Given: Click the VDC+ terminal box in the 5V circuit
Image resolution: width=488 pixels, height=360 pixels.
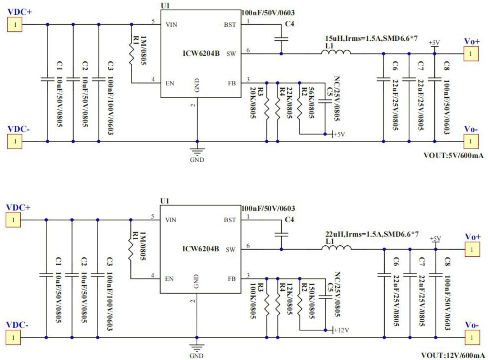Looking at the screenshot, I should click(15, 25).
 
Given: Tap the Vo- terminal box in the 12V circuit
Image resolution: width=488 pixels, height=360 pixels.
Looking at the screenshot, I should click(472, 337).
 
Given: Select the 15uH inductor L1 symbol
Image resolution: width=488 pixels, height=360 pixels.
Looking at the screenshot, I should click(336, 52).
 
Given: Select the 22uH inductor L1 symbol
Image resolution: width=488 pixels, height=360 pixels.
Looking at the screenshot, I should click(336, 247).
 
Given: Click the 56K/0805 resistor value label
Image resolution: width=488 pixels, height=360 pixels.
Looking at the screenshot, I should click(311, 103).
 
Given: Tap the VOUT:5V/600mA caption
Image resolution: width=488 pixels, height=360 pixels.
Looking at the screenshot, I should click(453, 155).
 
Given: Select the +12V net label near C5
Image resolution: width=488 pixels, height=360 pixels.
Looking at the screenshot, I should click(341, 330).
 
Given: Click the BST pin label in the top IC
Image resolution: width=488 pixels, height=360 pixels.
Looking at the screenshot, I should click(230, 25).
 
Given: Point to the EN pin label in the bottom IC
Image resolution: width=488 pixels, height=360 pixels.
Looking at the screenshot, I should click(169, 279).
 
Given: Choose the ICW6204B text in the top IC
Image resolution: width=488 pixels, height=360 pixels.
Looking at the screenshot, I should click(201, 54).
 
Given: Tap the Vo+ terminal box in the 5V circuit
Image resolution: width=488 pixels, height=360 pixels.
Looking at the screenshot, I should click(471, 54).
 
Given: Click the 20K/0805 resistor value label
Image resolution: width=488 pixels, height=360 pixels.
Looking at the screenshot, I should click(252, 103).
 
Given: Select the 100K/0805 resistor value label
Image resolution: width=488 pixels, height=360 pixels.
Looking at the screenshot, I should click(252, 301).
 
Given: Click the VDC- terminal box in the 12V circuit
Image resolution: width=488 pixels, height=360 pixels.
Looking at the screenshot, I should click(13, 337).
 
